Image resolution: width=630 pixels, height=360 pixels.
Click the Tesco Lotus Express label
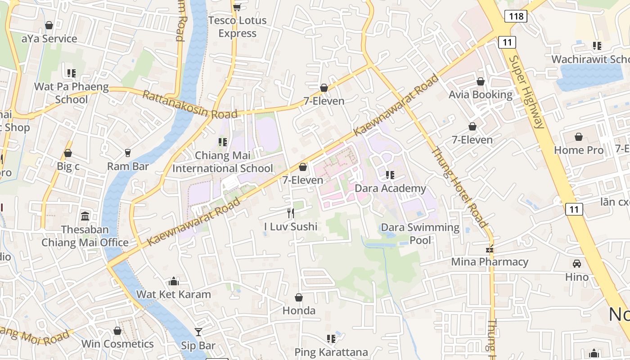[x=237, y=27]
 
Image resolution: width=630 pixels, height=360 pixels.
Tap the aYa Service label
[x=49, y=39]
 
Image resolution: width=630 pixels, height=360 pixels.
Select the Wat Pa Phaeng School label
[x=72, y=93]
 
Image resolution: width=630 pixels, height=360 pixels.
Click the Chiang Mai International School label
[x=223, y=162]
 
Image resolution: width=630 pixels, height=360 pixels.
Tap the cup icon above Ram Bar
[x=128, y=153]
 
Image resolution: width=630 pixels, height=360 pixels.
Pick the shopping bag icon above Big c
[x=68, y=153]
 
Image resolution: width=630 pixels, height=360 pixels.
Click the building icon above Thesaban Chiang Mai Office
[x=85, y=216]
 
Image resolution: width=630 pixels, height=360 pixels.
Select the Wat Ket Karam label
[x=173, y=294]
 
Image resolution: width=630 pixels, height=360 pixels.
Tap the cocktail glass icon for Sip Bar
[x=198, y=332]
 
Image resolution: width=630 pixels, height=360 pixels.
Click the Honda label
[x=299, y=310]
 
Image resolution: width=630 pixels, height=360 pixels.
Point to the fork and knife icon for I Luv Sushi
[x=291, y=213]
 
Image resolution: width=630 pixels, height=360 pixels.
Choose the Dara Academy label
[x=390, y=188]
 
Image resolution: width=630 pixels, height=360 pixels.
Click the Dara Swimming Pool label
[x=420, y=234]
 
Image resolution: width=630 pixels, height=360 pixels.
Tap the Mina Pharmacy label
[x=490, y=261]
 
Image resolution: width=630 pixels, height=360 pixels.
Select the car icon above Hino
[x=577, y=263]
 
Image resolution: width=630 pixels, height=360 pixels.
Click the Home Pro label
[x=578, y=150]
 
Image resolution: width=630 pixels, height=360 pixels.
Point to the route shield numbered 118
[x=515, y=17]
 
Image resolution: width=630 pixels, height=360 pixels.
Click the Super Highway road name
[x=527, y=92]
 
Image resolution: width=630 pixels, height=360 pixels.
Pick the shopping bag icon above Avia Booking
[x=481, y=81]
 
